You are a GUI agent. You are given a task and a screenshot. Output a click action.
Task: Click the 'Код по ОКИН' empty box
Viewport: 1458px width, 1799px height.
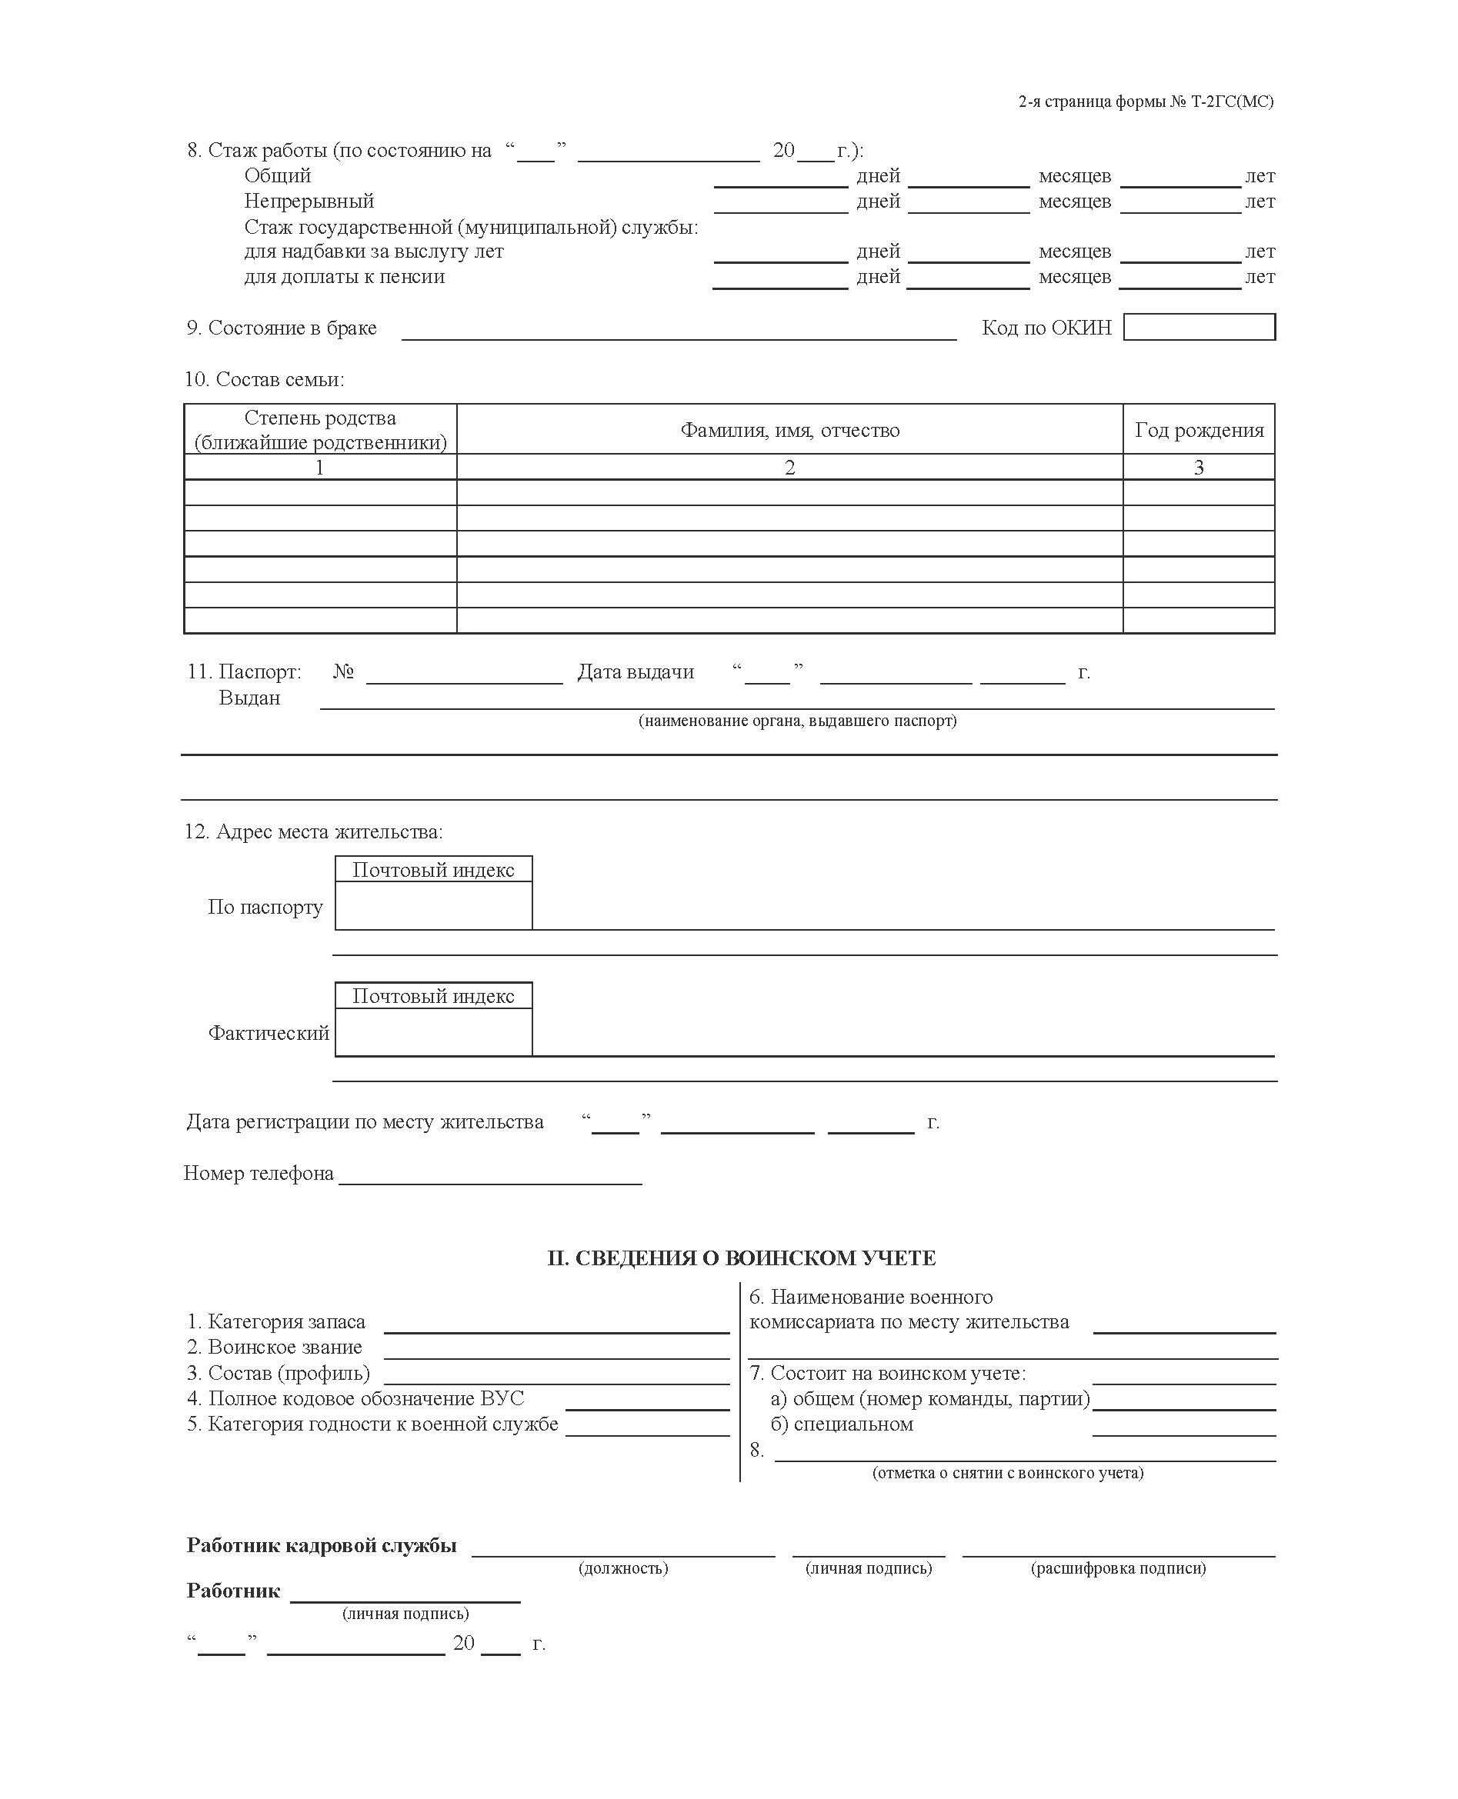1199,327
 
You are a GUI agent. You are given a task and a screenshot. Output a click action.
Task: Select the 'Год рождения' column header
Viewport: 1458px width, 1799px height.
1199,430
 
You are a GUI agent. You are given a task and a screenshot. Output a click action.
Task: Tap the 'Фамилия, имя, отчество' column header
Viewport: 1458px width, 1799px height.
789,430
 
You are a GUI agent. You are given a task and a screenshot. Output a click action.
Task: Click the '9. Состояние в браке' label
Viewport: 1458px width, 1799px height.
282,328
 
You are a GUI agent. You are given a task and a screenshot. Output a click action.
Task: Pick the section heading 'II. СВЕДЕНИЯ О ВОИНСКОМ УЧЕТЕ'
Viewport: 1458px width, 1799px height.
741,1258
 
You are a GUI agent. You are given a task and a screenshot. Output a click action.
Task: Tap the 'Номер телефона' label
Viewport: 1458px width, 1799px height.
259,1173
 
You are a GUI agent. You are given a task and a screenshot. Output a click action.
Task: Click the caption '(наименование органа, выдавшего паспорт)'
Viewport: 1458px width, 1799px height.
797,720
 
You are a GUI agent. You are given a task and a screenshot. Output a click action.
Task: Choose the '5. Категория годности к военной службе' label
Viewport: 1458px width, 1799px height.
372,1423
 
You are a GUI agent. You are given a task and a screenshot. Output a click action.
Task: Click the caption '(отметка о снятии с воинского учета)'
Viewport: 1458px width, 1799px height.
1007,1472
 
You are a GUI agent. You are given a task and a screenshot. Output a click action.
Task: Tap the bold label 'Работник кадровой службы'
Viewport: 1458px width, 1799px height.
322,1545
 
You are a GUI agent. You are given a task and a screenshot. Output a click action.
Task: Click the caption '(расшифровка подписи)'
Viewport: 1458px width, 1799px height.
1118,1568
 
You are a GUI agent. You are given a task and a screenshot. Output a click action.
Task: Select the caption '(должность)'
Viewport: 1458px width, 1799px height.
623,1568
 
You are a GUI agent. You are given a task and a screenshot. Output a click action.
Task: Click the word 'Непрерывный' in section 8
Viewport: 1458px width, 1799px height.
309,202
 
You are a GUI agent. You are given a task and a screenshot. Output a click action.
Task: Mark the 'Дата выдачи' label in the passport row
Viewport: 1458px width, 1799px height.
636,671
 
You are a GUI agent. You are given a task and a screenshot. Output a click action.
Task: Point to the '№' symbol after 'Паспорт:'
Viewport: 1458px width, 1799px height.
343,671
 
